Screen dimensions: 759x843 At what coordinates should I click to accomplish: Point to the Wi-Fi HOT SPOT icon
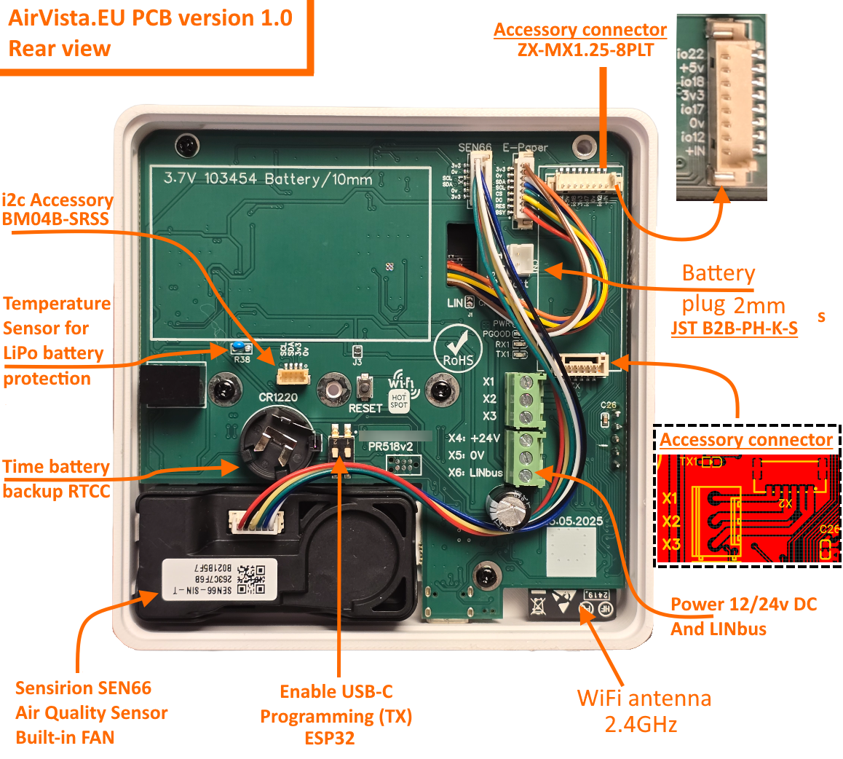point(401,393)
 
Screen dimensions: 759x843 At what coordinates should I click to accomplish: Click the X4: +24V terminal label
point(474,439)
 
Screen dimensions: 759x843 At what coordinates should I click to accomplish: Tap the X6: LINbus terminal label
point(475,473)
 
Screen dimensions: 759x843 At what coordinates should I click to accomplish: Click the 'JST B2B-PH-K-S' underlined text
point(734,329)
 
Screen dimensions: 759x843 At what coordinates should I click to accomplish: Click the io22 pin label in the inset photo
point(690,54)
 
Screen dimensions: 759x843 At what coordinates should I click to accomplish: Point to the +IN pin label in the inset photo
point(694,151)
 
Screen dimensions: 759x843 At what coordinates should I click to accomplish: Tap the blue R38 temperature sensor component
point(238,348)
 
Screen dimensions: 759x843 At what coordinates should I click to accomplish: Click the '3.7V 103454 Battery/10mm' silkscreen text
point(268,179)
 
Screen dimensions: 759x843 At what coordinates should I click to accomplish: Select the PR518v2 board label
point(390,447)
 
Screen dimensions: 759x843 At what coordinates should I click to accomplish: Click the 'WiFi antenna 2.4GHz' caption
point(644,711)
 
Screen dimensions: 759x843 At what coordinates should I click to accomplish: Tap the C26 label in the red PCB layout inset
point(828,530)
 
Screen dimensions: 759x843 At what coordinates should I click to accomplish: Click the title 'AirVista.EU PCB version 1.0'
point(151,17)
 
